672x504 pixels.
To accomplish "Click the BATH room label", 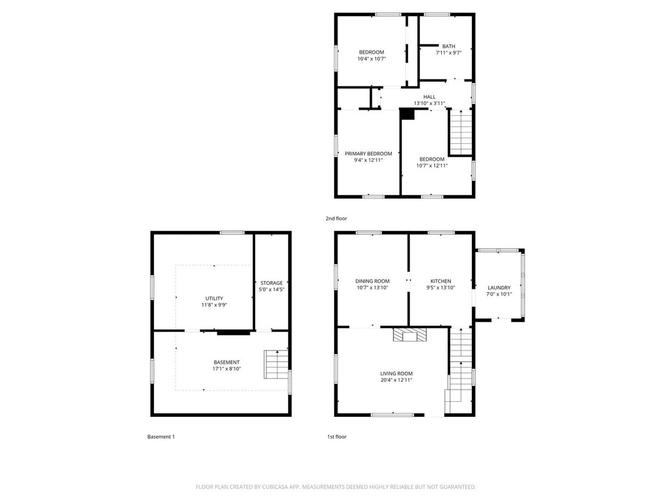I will coord(448,47).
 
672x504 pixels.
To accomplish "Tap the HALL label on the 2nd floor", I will coord(429,97).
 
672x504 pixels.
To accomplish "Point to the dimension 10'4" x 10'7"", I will coord(371,59).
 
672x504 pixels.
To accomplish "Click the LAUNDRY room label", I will coord(499,287).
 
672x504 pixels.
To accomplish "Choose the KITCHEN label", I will coord(440,281).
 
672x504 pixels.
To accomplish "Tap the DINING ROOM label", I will coord(372,281).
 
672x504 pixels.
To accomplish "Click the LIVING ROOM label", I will coord(396,374).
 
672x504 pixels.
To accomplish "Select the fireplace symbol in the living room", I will coord(410,335).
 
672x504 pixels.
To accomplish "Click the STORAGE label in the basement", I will coord(271,283).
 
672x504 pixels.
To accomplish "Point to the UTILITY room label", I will coord(214,299).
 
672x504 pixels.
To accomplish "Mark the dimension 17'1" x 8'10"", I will coord(226,369).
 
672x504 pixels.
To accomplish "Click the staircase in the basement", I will coord(276,364).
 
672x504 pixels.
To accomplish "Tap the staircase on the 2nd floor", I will coord(461,133).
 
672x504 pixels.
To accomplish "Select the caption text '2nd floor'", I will coord(336,219).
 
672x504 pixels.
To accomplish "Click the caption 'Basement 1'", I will coord(161,437).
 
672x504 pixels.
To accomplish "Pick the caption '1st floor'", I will coord(336,437).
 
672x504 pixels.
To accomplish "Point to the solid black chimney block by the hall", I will coord(407,114).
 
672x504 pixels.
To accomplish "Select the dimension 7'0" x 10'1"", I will coord(499,294).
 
